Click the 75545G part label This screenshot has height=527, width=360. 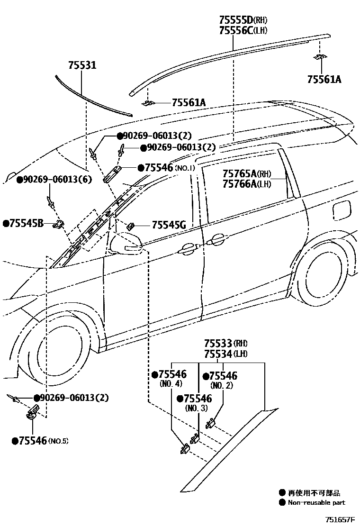click(169, 225)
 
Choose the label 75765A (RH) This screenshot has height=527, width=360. click(247, 174)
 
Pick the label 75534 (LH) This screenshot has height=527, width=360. click(226, 354)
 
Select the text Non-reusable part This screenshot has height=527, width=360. click(316, 502)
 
